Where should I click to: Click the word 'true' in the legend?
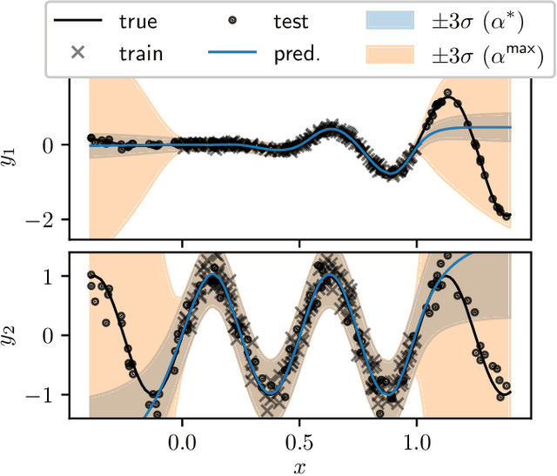138,23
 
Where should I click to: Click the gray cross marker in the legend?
77,52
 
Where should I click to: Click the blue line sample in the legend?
234,52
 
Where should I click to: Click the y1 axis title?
14,158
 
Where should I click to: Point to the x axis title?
300,466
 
